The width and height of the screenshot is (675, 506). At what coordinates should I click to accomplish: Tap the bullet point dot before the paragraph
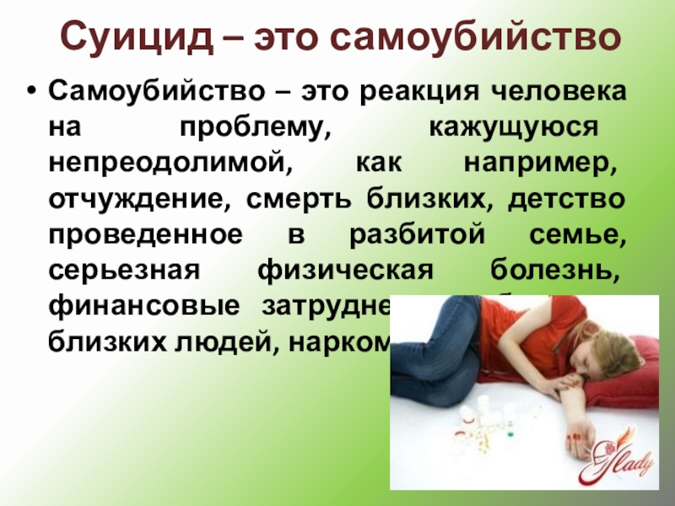tap(32, 90)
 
